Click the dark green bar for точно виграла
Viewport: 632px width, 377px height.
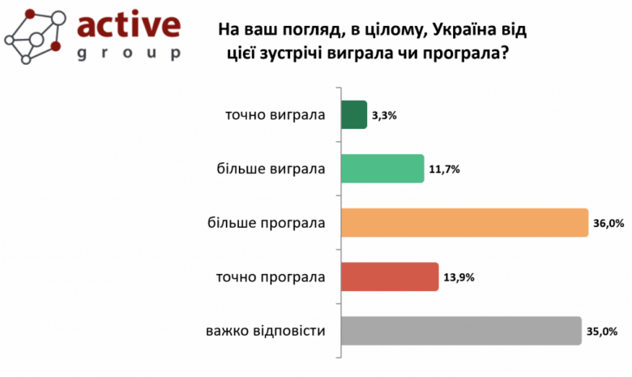point(354,114)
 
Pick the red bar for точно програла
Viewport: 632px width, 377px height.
point(390,277)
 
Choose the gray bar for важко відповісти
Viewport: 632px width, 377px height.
point(461,331)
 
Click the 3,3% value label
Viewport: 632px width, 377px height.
point(384,115)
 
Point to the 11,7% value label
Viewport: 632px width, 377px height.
point(444,169)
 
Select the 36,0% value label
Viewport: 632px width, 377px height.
point(608,223)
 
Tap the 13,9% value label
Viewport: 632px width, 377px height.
point(459,277)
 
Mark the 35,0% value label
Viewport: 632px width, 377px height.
point(602,332)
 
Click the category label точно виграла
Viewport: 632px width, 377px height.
point(275,114)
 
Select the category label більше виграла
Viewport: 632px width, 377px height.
point(271,169)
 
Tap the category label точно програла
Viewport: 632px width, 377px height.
point(271,277)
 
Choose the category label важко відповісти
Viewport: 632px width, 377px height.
point(266,331)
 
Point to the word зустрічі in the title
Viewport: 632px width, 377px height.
point(303,54)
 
